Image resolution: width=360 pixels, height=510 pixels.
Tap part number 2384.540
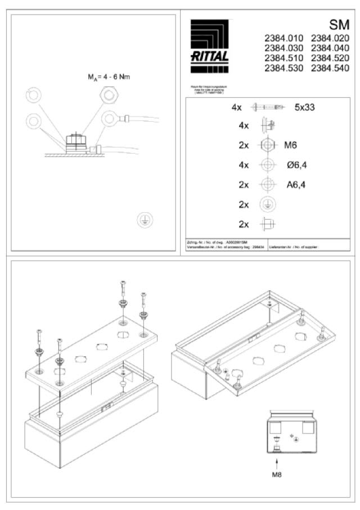click(x=330, y=68)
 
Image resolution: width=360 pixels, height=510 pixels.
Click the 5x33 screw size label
click(x=304, y=106)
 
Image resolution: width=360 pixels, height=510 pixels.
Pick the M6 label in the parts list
click(x=290, y=145)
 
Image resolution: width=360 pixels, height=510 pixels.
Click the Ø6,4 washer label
click(x=296, y=165)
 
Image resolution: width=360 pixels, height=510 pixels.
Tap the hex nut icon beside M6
click(x=267, y=145)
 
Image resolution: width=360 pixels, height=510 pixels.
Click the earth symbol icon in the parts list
click(x=267, y=204)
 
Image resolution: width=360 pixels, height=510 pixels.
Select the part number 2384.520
click(x=330, y=59)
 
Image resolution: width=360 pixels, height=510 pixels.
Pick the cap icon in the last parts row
click(x=267, y=223)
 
